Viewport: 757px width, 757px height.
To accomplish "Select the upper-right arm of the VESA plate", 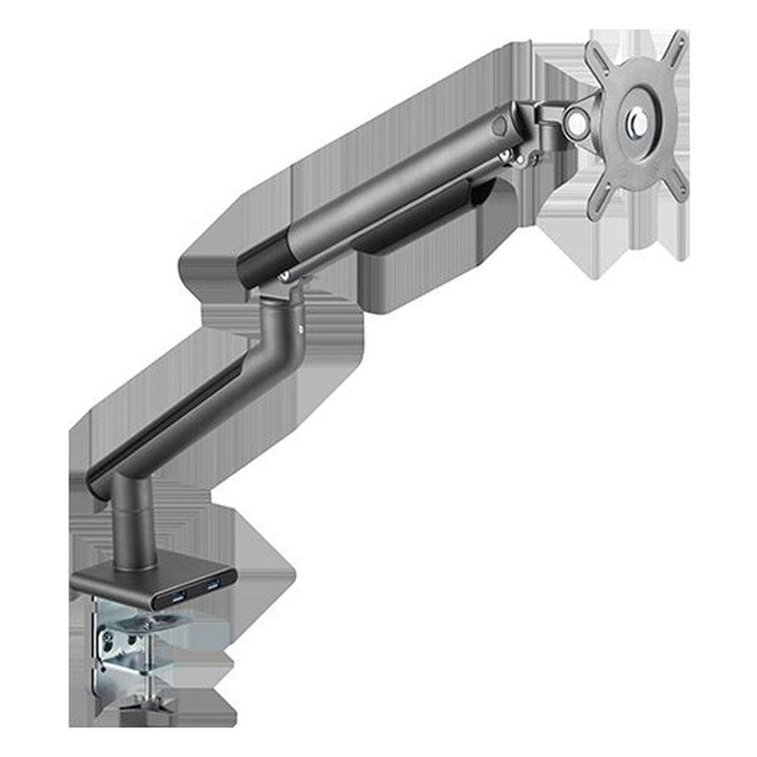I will click(x=675, y=47).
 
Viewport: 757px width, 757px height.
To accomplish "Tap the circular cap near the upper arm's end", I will click(x=499, y=125).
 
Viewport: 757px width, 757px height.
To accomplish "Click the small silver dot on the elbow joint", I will click(x=301, y=329).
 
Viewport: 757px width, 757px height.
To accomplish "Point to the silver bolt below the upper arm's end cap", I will click(x=503, y=157).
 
